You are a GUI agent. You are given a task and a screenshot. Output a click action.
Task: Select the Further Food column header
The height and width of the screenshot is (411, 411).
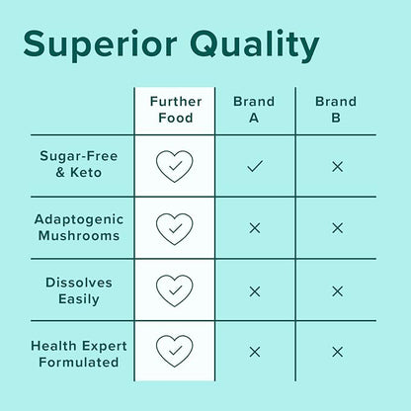[x=174, y=110]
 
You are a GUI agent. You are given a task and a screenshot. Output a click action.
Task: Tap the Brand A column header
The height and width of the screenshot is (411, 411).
[x=254, y=110]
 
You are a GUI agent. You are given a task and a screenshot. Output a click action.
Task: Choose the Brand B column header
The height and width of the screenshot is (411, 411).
[x=337, y=110]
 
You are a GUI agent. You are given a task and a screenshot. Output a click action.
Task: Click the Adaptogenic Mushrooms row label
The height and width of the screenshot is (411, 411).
[x=76, y=227]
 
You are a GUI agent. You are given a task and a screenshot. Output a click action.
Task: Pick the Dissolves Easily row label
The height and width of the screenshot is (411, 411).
[x=79, y=289]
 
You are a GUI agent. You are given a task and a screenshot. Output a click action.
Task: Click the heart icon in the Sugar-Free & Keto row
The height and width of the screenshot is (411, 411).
[x=174, y=166]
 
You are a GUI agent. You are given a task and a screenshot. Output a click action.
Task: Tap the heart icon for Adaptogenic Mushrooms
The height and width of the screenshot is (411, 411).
[x=174, y=228]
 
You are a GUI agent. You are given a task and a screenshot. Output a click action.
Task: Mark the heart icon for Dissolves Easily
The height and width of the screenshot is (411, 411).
[x=174, y=290]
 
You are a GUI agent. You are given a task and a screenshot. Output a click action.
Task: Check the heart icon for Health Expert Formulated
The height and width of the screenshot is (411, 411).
[x=174, y=352]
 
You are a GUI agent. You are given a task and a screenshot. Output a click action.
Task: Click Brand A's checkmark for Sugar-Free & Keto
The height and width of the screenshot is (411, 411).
[x=254, y=166]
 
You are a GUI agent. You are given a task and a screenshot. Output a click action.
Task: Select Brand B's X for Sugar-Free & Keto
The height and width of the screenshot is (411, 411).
[x=337, y=166]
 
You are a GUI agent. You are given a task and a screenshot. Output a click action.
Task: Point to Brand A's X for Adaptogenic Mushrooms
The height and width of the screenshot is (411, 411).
[x=254, y=228]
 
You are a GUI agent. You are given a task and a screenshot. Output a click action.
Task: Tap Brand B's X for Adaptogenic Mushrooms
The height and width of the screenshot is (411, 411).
[x=337, y=228]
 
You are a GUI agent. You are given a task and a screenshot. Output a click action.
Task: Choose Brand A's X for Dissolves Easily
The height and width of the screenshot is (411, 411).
[x=254, y=290]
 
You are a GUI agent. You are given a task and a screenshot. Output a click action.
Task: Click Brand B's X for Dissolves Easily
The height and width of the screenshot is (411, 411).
[x=337, y=290]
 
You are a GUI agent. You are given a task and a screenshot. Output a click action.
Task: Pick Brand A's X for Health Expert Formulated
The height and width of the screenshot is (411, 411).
[x=254, y=352]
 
